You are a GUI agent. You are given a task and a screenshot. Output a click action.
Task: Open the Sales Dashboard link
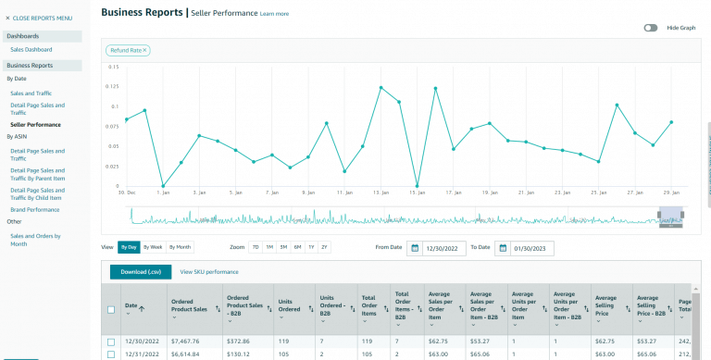pyautogui.click(x=31, y=49)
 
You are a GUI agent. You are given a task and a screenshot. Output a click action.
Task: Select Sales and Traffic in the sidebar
pyautogui.click(x=31, y=93)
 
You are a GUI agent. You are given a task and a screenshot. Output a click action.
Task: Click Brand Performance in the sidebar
pyautogui.click(x=35, y=210)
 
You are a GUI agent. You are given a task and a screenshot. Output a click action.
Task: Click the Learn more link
pyautogui.click(x=274, y=14)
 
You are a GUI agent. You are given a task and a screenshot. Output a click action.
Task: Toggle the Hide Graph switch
pyautogui.click(x=651, y=28)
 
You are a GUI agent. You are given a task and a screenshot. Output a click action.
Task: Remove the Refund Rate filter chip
pyautogui.click(x=145, y=50)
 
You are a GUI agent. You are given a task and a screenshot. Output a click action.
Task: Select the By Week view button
pyautogui.click(x=153, y=247)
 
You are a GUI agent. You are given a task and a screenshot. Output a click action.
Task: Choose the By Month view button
pyautogui.click(x=180, y=247)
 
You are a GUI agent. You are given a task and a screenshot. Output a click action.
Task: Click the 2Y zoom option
pyautogui.click(x=324, y=247)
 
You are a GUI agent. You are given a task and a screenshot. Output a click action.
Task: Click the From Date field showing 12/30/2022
pyautogui.click(x=443, y=248)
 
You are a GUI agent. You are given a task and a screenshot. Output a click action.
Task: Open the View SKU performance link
pyautogui.click(x=208, y=272)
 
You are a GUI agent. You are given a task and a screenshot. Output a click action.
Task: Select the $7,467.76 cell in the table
pyautogui.click(x=186, y=341)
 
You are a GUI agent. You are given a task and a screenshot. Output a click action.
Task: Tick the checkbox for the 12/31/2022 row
pyautogui.click(x=111, y=354)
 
